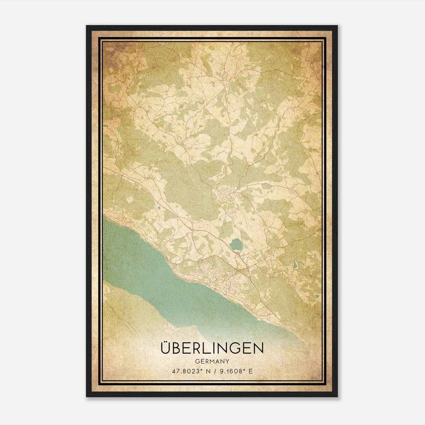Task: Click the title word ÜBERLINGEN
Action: (x=212, y=348)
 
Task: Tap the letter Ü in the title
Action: (x=165, y=348)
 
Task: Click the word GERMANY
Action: (x=212, y=362)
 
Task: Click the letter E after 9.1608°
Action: (x=251, y=371)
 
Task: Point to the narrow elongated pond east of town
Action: (x=295, y=264)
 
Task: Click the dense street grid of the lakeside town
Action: (x=226, y=279)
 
